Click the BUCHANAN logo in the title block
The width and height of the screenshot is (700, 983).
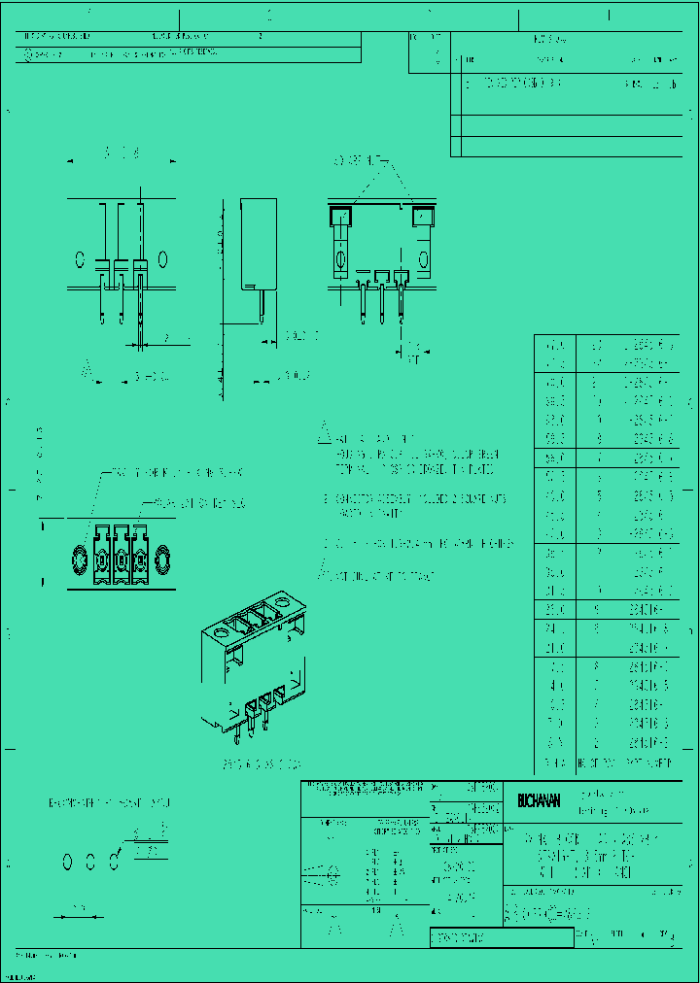click(540, 800)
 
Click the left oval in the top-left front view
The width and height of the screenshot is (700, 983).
click(80, 259)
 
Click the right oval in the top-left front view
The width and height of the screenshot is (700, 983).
click(162, 259)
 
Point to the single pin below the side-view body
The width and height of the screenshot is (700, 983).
click(261, 306)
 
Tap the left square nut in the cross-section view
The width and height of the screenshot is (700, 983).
click(340, 217)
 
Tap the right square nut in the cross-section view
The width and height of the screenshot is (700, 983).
click(423, 217)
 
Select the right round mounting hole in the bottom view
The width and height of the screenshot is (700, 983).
click(160, 561)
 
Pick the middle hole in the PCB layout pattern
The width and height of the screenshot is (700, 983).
click(91, 861)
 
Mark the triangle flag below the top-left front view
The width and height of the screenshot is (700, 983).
click(87, 370)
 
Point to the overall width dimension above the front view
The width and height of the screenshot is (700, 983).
click(122, 153)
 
